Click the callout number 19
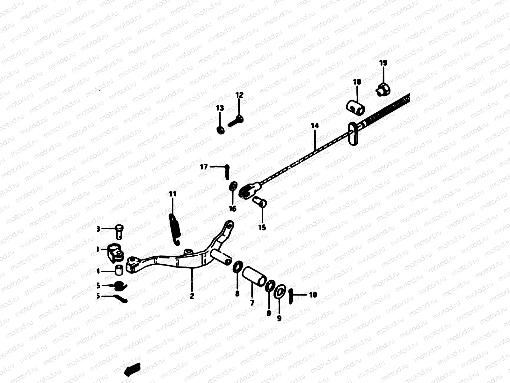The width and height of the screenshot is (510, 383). [x=383, y=63]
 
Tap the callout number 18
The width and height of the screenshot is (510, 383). [x=357, y=82]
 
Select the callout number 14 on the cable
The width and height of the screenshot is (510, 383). [x=315, y=126]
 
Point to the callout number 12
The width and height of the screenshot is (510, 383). [x=239, y=95]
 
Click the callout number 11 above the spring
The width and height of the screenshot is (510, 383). [x=172, y=194]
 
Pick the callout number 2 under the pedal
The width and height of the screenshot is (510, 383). [x=192, y=296]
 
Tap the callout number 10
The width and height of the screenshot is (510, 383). [x=313, y=295]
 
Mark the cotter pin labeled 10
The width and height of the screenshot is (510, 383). [x=291, y=297]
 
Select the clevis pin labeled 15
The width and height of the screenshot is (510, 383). [x=259, y=202]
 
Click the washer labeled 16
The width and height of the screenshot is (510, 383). [x=234, y=186]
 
